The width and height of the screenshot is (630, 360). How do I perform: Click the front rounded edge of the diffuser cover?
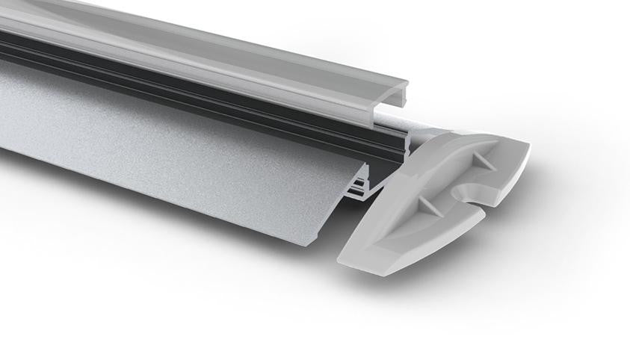click(224, 71)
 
